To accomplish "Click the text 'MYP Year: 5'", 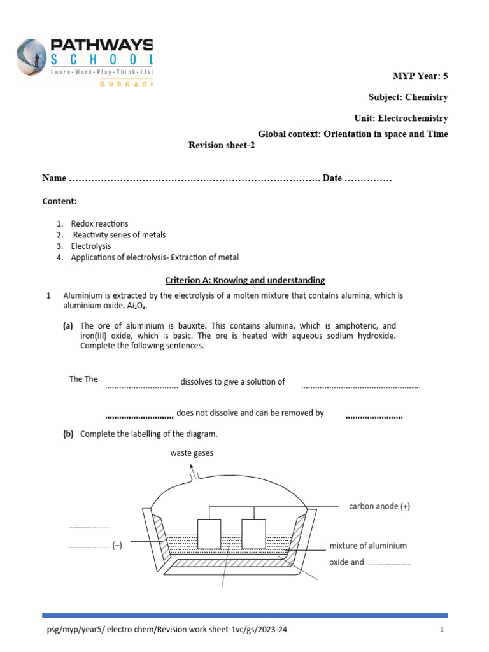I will [420, 76].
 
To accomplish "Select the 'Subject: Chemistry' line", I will [408, 97].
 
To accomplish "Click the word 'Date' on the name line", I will [332, 178].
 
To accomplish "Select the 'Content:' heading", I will [59, 201].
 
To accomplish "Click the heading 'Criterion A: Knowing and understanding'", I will [245, 280].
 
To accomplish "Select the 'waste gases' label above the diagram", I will [192, 453].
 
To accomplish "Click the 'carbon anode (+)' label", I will [379, 506].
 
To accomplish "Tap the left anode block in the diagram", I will [209, 534].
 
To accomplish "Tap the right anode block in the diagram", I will [253, 534].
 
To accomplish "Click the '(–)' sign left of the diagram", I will [117, 546].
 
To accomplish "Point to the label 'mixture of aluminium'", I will [368, 546].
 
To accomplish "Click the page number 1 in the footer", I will [441, 630].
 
